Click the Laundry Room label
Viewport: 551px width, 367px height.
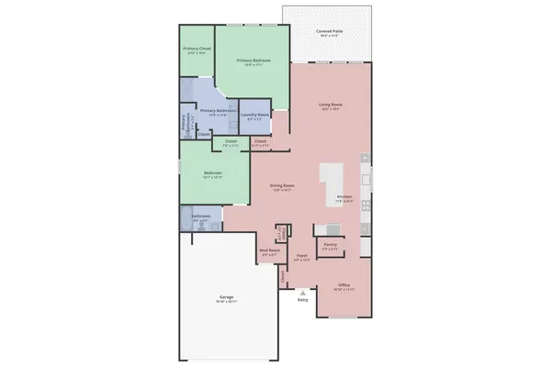pyautogui.click(x=254, y=115)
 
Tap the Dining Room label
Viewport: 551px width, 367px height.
pyautogui.click(x=282, y=186)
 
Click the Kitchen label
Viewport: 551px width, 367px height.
pyautogui.click(x=345, y=197)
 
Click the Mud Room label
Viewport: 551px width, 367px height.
pyautogui.click(x=269, y=250)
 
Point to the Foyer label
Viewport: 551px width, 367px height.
pyautogui.click(x=301, y=256)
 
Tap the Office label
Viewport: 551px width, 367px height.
pyautogui.click(x=344, y=285)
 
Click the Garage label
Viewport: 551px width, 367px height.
pyautogui.click(x=226, y=298)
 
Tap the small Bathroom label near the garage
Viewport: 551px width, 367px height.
pyautogui.click(x=200, y=216)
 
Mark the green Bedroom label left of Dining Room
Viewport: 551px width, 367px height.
pyautogui.click(x=212, y=172)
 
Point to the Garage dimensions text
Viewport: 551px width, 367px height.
pyautogui.click(x=226, y=303)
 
